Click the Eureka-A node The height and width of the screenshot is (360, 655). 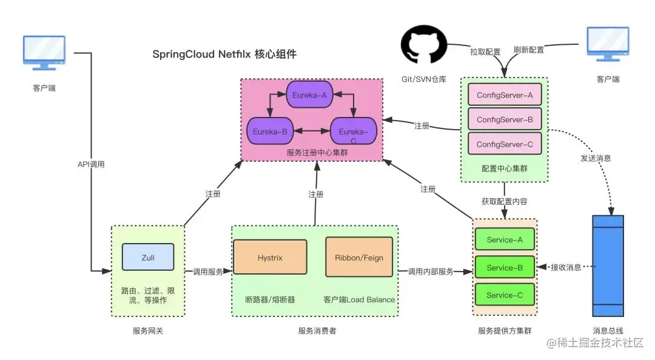pyautogui.click(x=309, y=95)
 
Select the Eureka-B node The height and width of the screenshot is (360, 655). pyautogui.click(x=270, y=130)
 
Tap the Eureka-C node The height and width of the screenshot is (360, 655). pyautogui.click(x=353, y=132)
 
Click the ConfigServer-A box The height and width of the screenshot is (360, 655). pyautogui.click(x=505, y=95)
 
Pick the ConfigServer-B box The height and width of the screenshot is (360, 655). pyautogui.click(x=505, y=119)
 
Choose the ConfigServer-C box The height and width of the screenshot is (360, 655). pyautogui.click(x=505, y=144)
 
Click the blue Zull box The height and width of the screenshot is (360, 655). pyautogui.click(x=148, y=257)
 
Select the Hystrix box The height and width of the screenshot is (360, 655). pyautogui.click(x=270, y=258)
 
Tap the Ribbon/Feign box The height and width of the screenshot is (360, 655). pyautogui.click(x=359, y=258)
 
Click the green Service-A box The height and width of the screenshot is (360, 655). pyautogui.click(x=505, y=239)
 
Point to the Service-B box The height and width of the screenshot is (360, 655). pyautogui.click(x=505, y=267)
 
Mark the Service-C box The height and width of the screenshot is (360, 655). pyautogui.click(x=505, y=295)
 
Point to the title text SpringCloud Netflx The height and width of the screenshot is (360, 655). pyautogui.click(x=224, y=55)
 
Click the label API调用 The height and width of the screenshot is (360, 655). pyautogui.click(x=91, y=164)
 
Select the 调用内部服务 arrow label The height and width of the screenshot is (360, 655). pyautogui.click(x=431, y=272)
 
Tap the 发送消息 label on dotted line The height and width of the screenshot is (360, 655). pyautogui.click(x=596, y=158)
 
